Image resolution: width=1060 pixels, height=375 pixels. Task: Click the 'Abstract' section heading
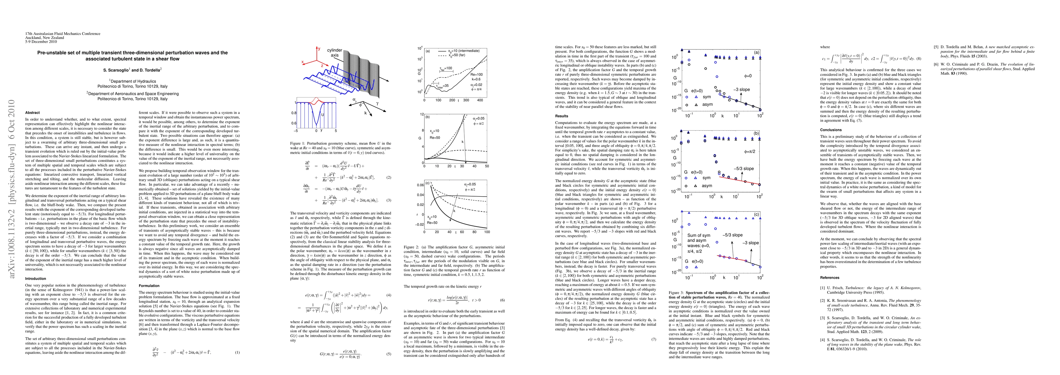click(32, 112)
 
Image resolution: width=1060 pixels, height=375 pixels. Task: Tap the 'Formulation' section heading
click(149, 286)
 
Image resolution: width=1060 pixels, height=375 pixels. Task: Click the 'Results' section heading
click(562, 116)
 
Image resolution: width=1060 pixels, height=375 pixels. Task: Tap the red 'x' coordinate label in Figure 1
click(302, 62)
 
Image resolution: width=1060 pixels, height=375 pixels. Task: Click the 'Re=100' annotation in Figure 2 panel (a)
click(477, 74)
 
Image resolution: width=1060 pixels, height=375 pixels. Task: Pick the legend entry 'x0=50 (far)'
click(460, 55)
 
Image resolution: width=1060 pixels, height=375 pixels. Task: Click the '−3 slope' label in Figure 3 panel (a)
click(742, 89)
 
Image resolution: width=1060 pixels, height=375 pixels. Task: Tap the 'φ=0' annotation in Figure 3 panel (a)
click(748, 76)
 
